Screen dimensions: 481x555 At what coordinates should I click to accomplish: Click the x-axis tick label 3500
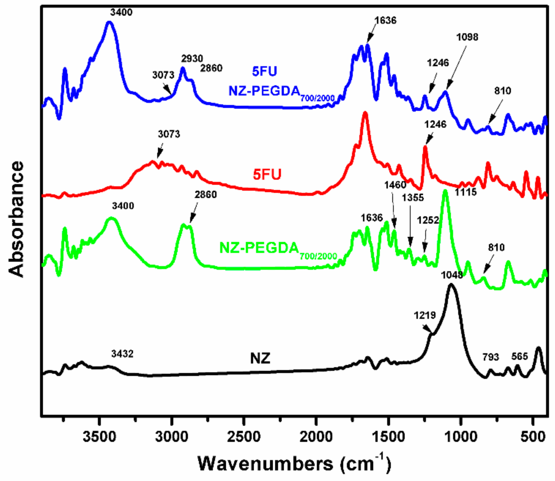(x=99, y=436)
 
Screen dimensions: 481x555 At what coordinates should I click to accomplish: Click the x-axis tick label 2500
(x=244, y=436)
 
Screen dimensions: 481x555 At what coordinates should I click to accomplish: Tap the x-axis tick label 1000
(x=461, y=436)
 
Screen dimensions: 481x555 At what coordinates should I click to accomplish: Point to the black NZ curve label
(x=260, y=358)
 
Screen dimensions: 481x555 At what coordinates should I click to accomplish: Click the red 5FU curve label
(x=267, y=174)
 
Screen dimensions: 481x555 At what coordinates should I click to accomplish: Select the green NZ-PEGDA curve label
(x=259, y=248)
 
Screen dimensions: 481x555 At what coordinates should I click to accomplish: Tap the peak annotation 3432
(x=122, y=354)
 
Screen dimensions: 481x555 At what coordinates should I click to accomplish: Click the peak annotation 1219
(x=425, y=315)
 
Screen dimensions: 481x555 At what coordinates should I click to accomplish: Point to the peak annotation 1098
(x=467, y=37)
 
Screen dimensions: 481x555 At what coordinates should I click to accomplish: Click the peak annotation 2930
(x=192, y=58)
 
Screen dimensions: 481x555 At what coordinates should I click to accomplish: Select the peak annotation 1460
(x=395, y=185)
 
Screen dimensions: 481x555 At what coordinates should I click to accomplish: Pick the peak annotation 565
(x=519, y=356)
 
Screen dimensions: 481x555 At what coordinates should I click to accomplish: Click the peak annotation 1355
(x=413, y=198)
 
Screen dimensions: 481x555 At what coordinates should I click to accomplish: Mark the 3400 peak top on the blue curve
(x=109, y=22)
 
